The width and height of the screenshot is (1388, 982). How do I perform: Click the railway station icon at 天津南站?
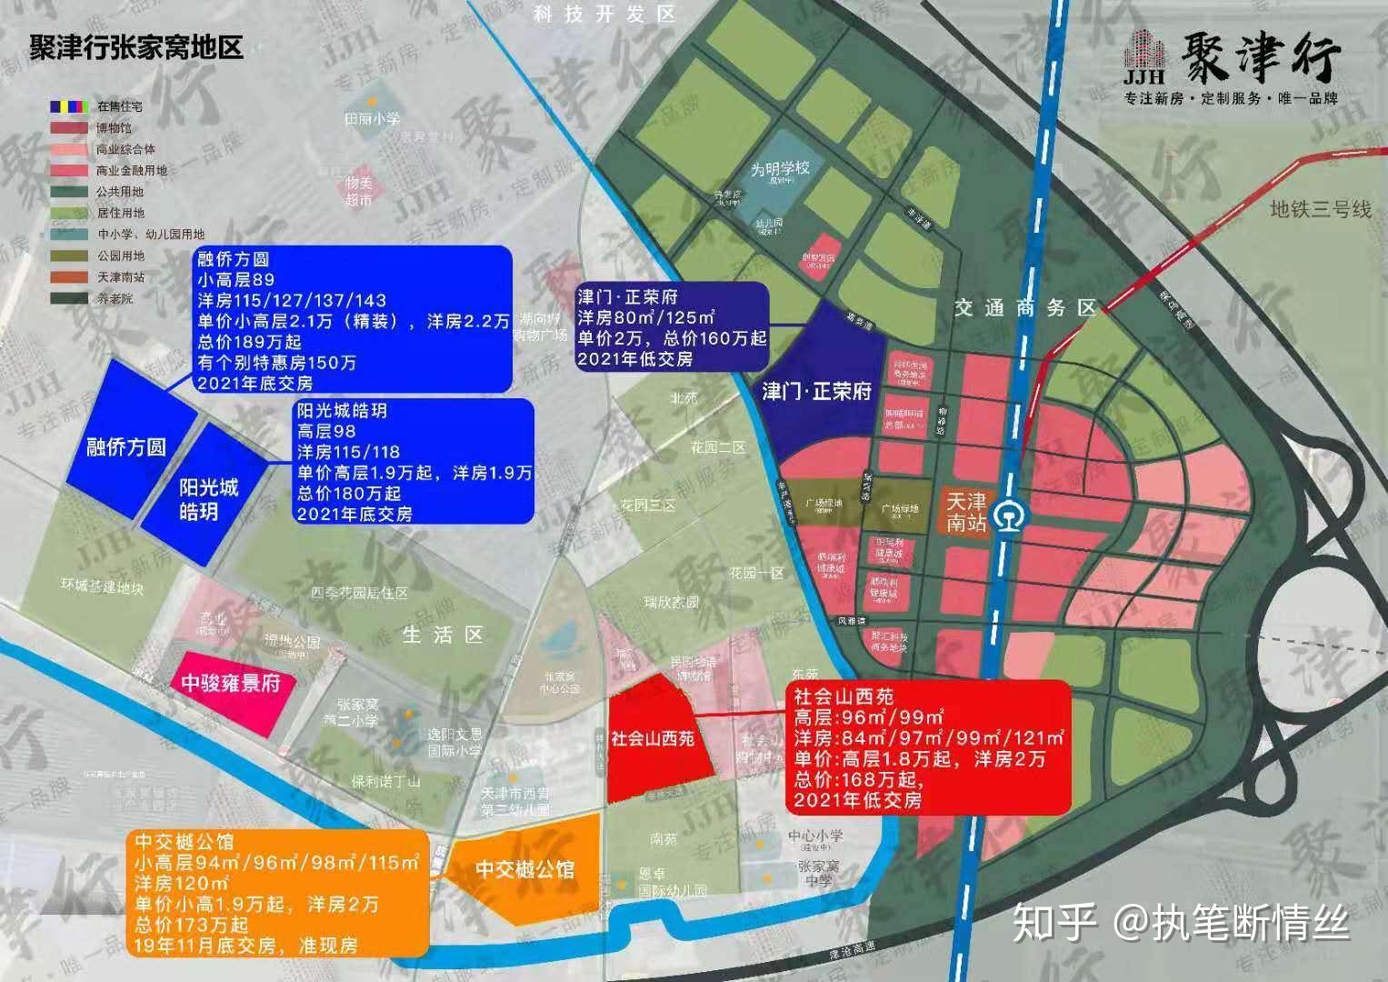click(x=1007, y=516)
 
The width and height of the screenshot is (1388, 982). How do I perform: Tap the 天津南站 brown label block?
click(x=965, y=514)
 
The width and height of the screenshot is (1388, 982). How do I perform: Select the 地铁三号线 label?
click(x=1320, y=210)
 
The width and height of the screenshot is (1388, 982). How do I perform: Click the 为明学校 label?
click(x=780, y=169)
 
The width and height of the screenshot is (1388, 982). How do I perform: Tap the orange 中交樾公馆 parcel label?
click(x=525, y=869)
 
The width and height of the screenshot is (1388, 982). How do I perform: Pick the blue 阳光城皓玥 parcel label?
click(x=208, y=499)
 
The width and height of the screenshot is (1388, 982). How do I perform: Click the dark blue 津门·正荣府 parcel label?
click(x=816, y=392)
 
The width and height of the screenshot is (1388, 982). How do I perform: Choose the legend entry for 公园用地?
click(x=118, y=256)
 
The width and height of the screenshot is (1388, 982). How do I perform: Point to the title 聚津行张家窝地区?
click(x=136, y=47)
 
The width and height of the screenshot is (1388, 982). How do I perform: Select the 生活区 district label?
click(x=443, y=634)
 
